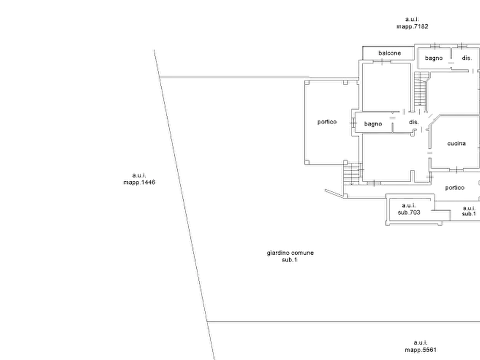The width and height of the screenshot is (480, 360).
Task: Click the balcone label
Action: click(x=389, y=53)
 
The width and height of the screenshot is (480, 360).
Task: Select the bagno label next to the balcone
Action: click(x=434, y=57)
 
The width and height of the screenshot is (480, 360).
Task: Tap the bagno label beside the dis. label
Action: click(x=374, y=124)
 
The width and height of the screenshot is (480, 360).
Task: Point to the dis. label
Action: click(x=413, y=124)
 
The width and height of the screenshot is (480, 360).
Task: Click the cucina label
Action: click(x=455, y=144)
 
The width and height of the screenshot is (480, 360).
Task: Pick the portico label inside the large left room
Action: click(x=327, y=121)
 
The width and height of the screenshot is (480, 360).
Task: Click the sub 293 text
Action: click(x=409, y=209)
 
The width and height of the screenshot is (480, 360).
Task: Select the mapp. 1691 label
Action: click(x=138, y=179)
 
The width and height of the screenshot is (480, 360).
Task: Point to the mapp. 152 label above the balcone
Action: click(x=412, y=23)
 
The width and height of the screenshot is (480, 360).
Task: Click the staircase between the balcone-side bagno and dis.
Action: click(x=420, y=89)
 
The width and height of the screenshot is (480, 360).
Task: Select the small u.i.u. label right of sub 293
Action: click(x=469, y=210)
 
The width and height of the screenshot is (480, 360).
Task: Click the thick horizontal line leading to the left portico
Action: click(x=231, y=77)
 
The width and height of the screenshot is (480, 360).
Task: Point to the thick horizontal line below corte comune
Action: click(x=344, y=322)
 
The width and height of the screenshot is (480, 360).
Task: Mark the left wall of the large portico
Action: click(x=306, y=121)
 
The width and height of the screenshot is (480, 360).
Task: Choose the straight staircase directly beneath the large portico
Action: click(x=351, y=173)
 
